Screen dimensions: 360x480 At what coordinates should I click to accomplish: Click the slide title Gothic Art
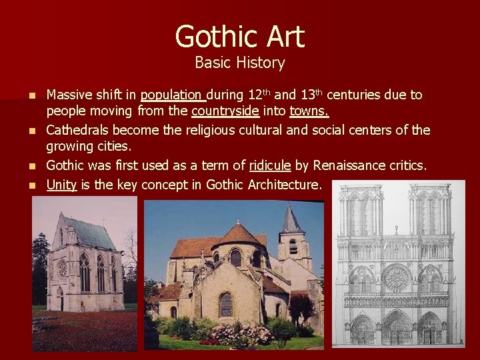[239, 37]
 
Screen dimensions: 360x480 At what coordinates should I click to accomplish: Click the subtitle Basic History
[239, 63]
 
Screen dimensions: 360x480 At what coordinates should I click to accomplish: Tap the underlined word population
[171, 95]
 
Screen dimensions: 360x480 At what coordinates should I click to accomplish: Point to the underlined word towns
[309, 111]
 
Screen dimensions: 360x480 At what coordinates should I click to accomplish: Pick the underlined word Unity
[61, 185]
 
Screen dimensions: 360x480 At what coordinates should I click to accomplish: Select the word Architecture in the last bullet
[284, 185]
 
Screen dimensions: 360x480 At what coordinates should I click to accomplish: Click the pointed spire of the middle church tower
[291, 220]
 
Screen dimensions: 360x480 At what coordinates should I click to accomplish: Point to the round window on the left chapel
[62, 268]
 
